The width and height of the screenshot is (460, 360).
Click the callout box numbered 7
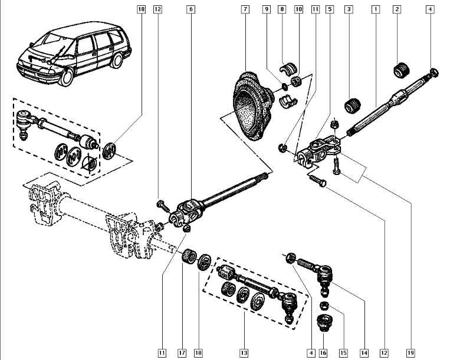245,9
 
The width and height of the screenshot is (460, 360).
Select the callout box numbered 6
190,9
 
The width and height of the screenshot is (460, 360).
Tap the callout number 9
267,9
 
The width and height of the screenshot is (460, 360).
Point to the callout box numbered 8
282,9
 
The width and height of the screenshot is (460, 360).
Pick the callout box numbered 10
298,9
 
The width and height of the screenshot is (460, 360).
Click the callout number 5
330,9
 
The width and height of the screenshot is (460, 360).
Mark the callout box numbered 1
375,9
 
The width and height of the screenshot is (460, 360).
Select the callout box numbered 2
397,9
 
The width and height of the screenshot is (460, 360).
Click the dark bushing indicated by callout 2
402,70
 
